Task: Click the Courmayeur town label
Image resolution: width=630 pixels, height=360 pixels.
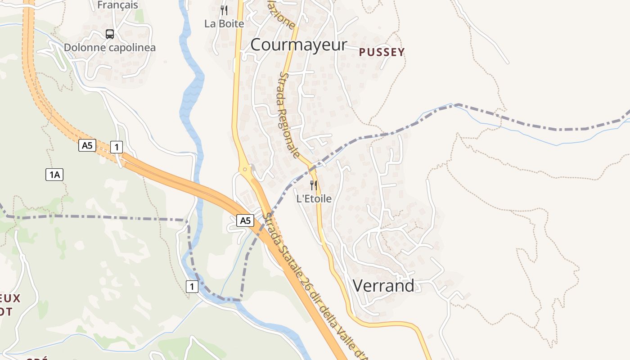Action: (x=299, y=45)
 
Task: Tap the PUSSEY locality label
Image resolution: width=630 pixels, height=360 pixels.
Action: (x=382, y=52)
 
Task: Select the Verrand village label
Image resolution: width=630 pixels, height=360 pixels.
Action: (x=383, y=286)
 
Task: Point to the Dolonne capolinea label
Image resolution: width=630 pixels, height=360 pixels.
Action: (x=110, y=48)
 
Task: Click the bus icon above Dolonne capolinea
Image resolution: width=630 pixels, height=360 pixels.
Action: (x=110, y=34)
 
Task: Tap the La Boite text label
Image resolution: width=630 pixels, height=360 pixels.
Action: (x=224, y=24)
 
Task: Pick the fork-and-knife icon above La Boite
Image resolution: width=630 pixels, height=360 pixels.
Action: (x=224, y=10)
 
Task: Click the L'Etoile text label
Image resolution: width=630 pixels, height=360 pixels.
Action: (x=314, y=198)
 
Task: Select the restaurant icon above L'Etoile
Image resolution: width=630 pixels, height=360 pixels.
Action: (x=314, y=184)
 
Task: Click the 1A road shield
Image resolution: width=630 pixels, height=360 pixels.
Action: (x=54, y=175)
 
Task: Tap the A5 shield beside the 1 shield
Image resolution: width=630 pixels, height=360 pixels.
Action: (x=87, y=145)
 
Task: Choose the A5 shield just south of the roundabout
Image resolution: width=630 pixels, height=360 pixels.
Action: (x=245, y=220)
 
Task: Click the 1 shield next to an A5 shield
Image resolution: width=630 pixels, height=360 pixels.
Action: (x=117, y=147)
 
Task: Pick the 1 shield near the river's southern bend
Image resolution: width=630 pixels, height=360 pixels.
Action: (x=192, y=286)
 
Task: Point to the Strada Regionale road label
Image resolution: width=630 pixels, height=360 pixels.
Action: (x=289, y=115)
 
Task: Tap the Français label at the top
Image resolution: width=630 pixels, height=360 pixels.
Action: (x=118, y=5)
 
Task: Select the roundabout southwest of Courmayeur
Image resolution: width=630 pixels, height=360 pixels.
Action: (x=245, y=170)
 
